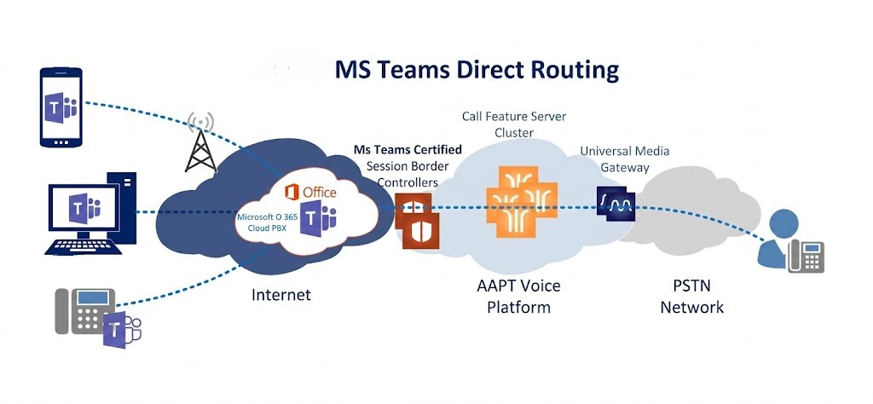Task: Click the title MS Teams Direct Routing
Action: pyautogui.click(x=477, y=69)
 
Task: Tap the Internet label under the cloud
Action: pyautogui.click(x=281, y=295)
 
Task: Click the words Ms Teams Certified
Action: pyautogui.click(x=408, y=150)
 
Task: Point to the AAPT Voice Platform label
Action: pyautogui.click(x=518, y=296)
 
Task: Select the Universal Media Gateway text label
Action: pyautogui.click(x=624, y=159)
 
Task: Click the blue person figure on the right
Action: pyautogui.click(x=777, y=239)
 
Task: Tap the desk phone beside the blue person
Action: pyautogui.click(x=807, y=254)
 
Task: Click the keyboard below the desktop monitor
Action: pyautogui.click(x=90, y=245)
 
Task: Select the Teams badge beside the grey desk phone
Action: pyautogui.click(x=120, y=328)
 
